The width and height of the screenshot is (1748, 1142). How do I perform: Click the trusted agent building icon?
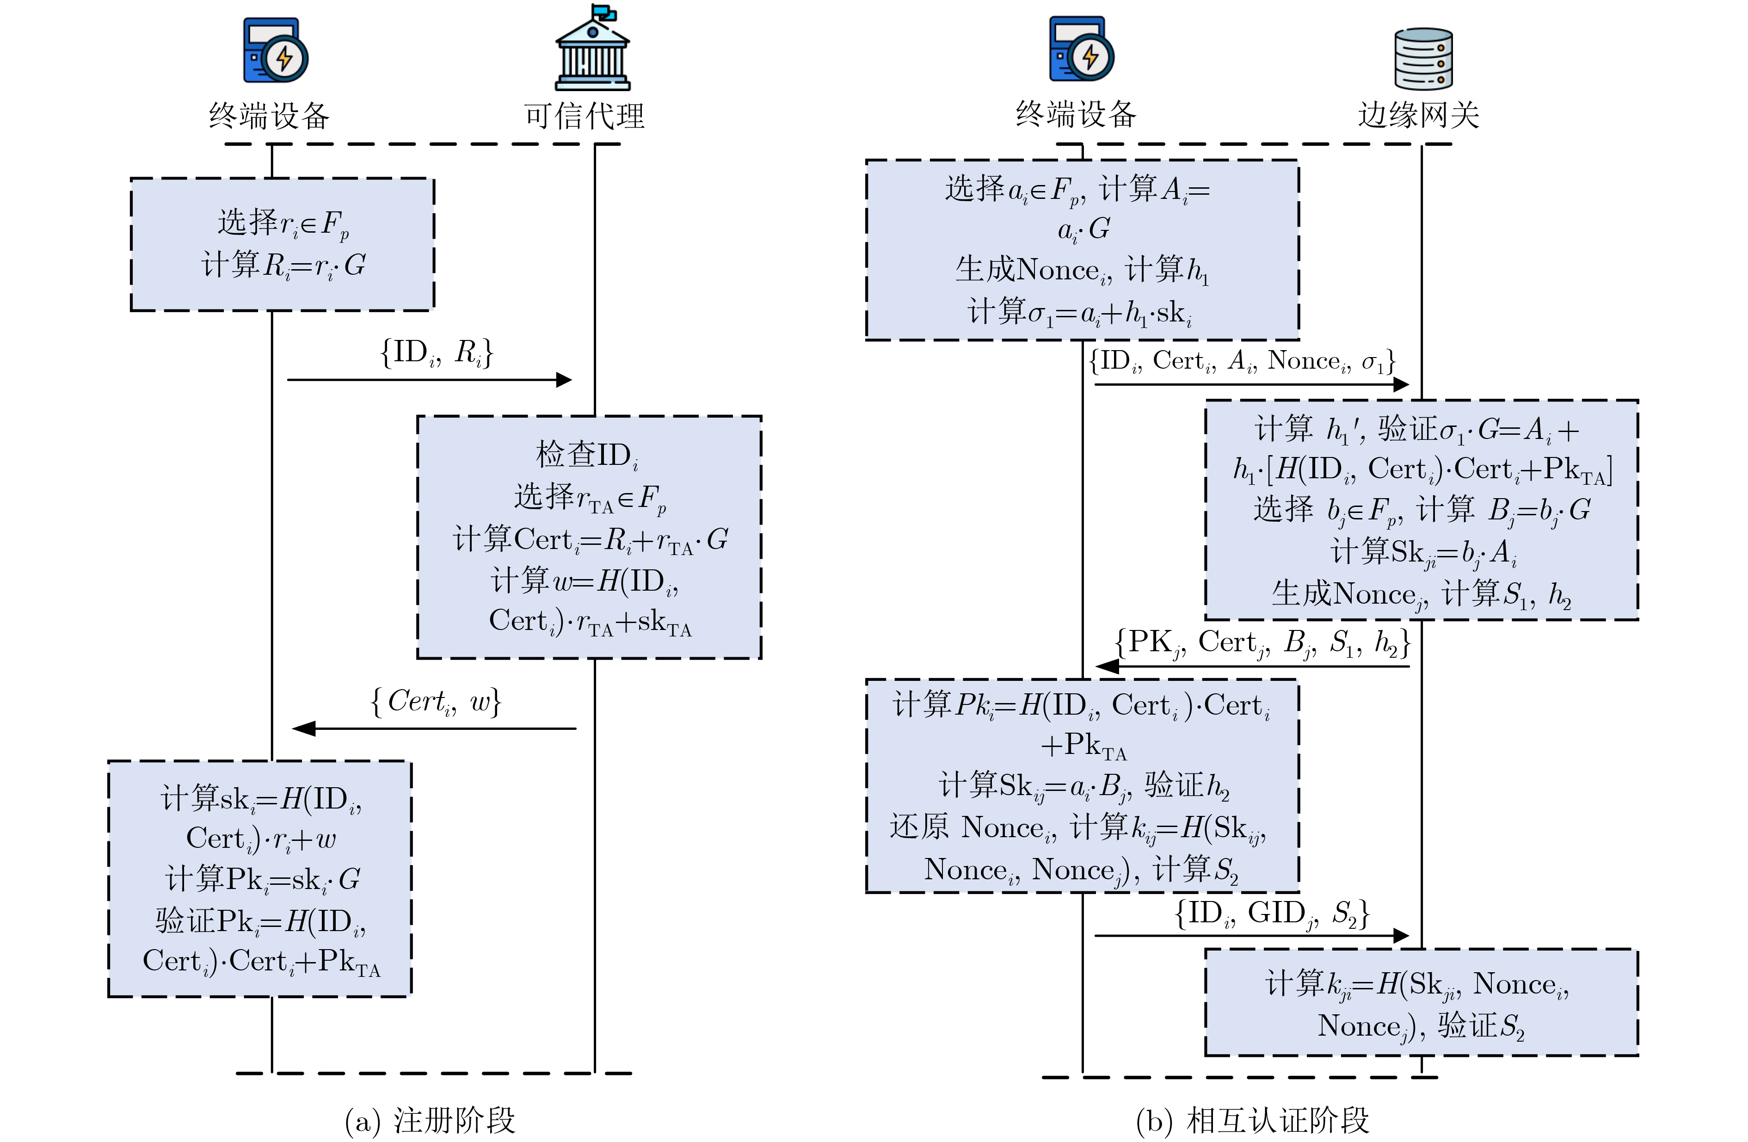click(x=592, y=48)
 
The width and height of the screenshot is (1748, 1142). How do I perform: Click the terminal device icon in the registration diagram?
click(x=276, y=50)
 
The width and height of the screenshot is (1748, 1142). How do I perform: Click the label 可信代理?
click(x=584, y=116)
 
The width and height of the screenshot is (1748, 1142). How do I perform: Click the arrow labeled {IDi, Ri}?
click(x=429, y=380)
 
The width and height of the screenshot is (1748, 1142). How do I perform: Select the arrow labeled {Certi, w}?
click(x=433, y=728)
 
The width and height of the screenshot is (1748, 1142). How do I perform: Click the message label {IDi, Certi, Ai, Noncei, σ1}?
click(x=1241, y=361)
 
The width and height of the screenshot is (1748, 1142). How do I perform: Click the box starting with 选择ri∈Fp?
click(x=282, y=244)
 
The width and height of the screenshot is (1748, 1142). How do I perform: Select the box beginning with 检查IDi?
click(x=589, y=537)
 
